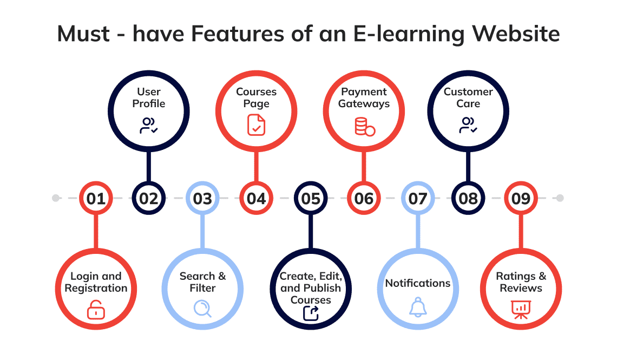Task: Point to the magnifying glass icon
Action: point(202,309)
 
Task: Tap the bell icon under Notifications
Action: point(418,307)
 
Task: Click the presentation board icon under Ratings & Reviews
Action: point(521,310)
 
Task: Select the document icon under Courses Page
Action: point(256,125)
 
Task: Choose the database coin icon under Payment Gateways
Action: point(365,126)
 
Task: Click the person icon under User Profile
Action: point(149,125)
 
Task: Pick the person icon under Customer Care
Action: point(468,125)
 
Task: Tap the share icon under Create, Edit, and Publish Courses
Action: point(311,313)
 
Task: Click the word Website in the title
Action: point(516,34)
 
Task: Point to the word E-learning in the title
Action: point(409,34)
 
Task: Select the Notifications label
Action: point(418,283)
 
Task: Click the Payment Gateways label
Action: point(364,97)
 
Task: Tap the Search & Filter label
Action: point(202,282)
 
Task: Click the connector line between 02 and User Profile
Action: point(149,166)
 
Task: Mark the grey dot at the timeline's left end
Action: point(56,198)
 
